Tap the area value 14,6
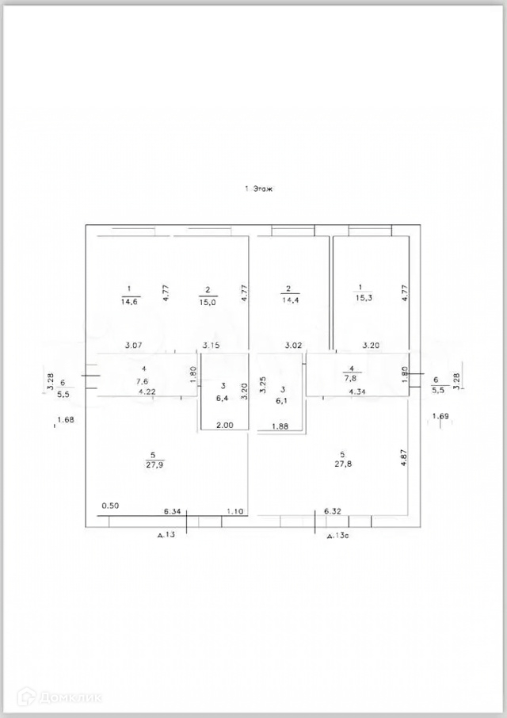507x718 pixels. (128, 302)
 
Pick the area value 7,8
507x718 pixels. (349, 378)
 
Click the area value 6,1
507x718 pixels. (282, 403)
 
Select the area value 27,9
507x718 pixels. (152, 465)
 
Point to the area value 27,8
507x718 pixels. (342, 467)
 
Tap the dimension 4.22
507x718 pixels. (147, 391)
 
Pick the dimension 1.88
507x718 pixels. (280, 428)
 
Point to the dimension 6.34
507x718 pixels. (172, 511)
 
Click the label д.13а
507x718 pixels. (339, 537)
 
